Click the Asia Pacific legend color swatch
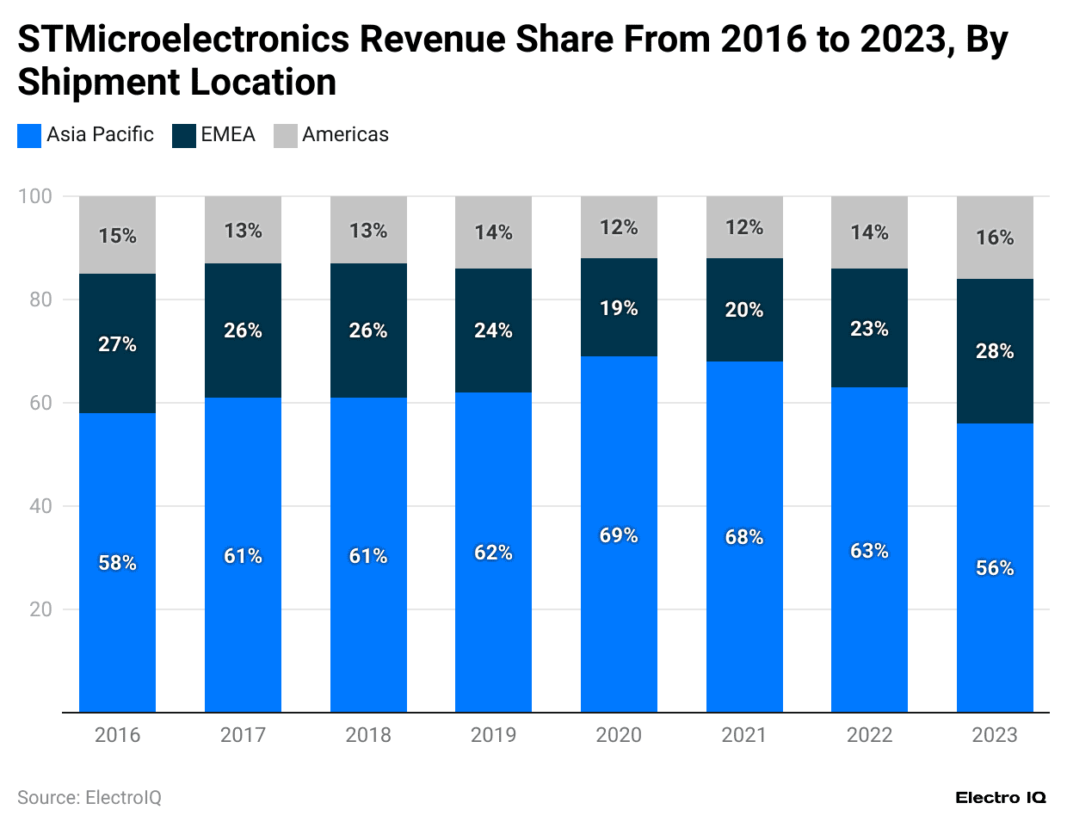point(28,136)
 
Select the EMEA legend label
point(228,135)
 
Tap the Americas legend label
point(345,135)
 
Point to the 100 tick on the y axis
point(35,196)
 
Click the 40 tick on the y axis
point(40,506)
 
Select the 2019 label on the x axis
point(493,735)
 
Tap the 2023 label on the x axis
point(994,735)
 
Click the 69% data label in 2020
point(619,535)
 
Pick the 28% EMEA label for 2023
point(994,351)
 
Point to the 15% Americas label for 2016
point(117,236)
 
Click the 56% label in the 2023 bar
point(994,568)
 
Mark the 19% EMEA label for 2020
point(619,308)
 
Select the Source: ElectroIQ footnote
point(89,798)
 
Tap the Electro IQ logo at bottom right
point(1000,798)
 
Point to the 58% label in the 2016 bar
point(117,563)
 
